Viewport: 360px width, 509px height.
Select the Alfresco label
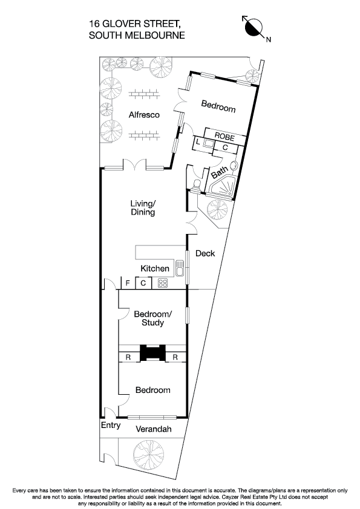144,115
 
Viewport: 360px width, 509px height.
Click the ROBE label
224,137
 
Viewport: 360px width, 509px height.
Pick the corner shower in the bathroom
224,189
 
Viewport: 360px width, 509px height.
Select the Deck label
205,253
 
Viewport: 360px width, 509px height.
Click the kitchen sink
179,266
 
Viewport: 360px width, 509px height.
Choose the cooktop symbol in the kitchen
162,283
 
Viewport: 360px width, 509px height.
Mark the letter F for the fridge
127,283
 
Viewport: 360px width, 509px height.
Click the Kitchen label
155,268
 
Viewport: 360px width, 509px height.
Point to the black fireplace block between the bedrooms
151,353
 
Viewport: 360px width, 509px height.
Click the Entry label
110,426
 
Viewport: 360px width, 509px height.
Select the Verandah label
153,429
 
